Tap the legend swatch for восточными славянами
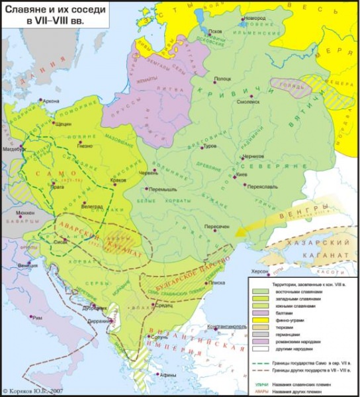[259, 292]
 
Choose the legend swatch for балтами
[259, 314]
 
